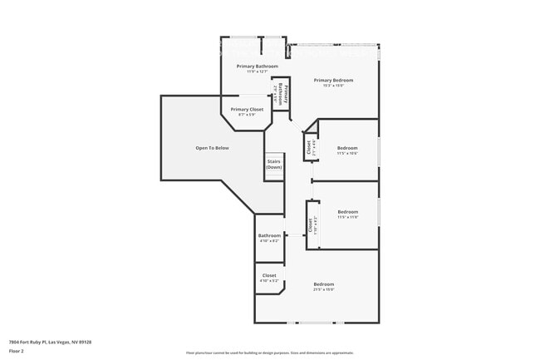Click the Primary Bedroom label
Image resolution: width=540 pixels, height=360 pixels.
point(333,80)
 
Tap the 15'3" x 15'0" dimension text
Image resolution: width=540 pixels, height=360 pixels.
point(333,86)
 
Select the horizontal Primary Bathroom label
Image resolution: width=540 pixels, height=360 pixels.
point(257,66)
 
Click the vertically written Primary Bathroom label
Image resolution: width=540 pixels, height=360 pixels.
point(283,93)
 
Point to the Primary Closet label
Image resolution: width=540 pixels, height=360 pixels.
point(247,109)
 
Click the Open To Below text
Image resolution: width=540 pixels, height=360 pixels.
point(212,148)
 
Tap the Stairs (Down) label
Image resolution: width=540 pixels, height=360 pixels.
point(274,165)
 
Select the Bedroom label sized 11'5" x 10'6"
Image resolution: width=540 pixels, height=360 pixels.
point(347,148)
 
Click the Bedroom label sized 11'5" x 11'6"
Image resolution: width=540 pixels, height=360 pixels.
point(347,211)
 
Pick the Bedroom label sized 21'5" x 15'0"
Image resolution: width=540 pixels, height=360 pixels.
point(323,284)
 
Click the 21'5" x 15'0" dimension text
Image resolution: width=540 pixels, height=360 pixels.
point(323,290)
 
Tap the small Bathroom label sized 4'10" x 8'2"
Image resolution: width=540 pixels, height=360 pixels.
point(269,235)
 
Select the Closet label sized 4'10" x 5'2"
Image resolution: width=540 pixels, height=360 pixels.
point(269,275)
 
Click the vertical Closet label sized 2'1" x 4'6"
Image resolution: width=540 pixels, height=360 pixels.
point(309,148)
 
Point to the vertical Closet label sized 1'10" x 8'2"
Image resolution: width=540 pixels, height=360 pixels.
point(310,224)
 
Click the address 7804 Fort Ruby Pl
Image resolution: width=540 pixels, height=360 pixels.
point(50,342)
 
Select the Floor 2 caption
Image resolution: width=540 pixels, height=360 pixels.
point(17,351)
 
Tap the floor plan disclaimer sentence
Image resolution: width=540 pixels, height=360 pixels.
point(269,353)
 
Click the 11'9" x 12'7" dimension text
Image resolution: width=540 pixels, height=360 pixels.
point(257,72)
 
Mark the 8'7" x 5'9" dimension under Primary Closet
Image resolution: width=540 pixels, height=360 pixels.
point(247,115)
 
